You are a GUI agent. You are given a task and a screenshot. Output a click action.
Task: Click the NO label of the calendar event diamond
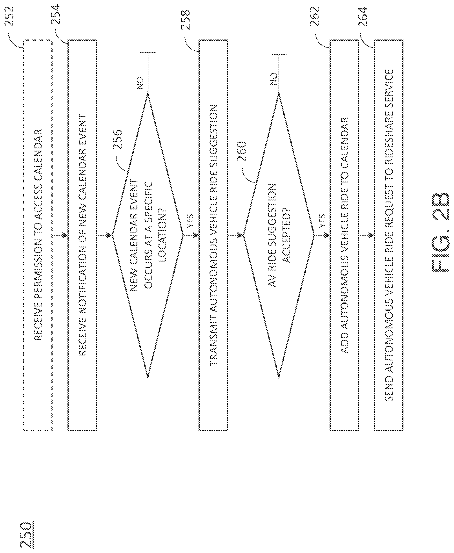(140, 83)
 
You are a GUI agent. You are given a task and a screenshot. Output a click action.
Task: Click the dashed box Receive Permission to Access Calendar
(38, 235)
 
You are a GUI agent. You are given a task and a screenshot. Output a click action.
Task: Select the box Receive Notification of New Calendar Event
(82, 235)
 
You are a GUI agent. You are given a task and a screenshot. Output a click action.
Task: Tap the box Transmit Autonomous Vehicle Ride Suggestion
(213, 235)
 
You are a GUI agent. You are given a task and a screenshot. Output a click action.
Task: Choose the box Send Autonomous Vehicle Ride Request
(389, 235)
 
